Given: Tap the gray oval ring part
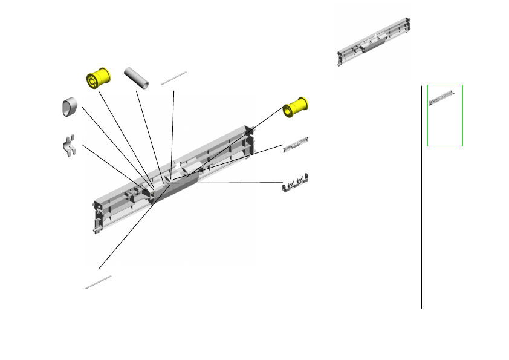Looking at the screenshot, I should (x=70, y=106).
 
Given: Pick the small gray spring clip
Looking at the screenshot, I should (x=70, y=146).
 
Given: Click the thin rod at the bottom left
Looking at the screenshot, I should (x=99, y=282).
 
